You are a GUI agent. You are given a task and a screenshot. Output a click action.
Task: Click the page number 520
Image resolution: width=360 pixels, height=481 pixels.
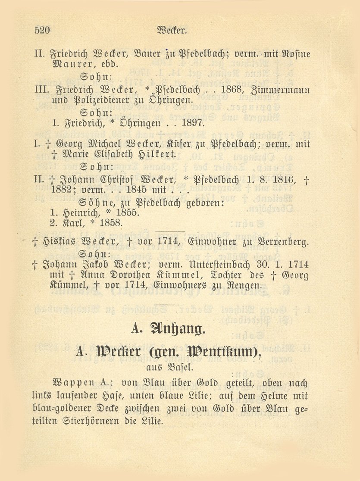click(x=42, y=30)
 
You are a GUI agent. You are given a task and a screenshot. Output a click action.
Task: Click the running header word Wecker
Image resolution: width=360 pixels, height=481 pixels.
click(x=172, y=30)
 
